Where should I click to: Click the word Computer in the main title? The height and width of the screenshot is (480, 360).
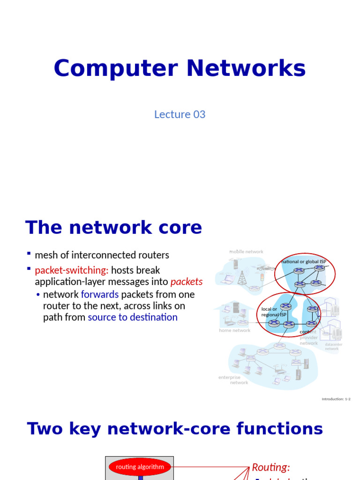point(115,68)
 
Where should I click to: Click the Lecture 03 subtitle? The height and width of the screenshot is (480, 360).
point(180,114)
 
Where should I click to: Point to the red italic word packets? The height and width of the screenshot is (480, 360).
point(187,282)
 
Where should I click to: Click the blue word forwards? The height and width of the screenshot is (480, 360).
point(100,294)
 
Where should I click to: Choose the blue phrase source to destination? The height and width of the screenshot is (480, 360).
point(133,317)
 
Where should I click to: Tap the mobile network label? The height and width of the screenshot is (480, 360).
point(246,252)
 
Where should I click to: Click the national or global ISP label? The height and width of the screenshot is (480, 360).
point(304,262)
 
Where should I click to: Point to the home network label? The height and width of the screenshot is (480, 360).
point(234,330)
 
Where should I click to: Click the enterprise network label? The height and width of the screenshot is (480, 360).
point(232,380)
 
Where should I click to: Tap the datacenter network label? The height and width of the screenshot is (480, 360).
point(333,346)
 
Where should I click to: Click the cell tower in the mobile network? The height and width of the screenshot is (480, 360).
point(242,277)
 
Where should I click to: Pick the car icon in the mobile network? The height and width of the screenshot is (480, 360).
point(265,267)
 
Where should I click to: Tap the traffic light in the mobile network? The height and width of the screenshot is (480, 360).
point(262,277)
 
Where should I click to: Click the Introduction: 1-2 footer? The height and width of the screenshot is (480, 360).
point(336,399)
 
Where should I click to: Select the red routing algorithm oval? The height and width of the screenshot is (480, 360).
point(140,467)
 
